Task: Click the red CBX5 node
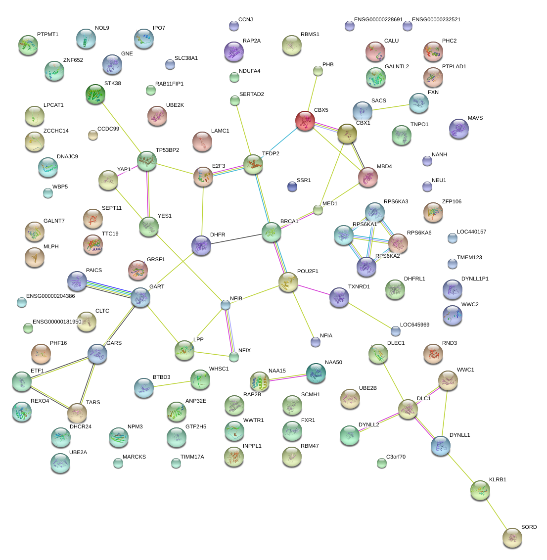[x=305, y=121]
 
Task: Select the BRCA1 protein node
[x=271, y=232]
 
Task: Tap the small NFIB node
[x=226, y=305]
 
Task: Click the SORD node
[x=512, y=538]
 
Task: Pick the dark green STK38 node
[x=95, y=94]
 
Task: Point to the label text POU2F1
[x=308, y=272]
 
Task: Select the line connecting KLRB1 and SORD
[x=496, y=514]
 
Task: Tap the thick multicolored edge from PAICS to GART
[x=109, y=289]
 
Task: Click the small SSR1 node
[x=292, y=187]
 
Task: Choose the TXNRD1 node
[x=339, y=297]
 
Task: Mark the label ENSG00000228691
[x=378, y=20]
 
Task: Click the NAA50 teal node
[x=316, y=373]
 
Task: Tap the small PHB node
[x=318, y=71]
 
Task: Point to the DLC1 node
[x=408, y=410]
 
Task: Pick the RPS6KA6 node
[x=398, y=243]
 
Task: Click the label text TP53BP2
[x=167, y=150]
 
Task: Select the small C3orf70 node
[x=381, y=463]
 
